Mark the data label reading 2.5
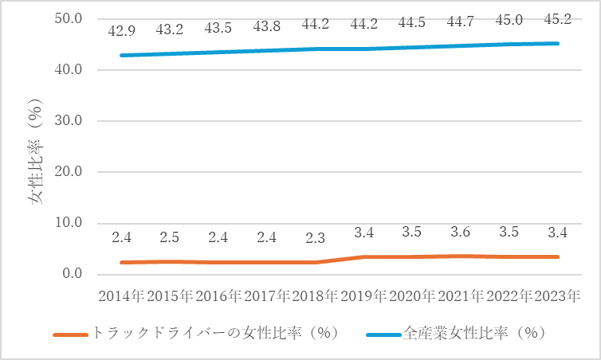[x=169, y=236]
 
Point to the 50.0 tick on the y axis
[x=69, y=18]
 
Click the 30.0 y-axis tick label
[x=69, y=121]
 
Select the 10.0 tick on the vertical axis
[x=69, y=223]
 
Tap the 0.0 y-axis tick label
[x=73, y=275]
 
